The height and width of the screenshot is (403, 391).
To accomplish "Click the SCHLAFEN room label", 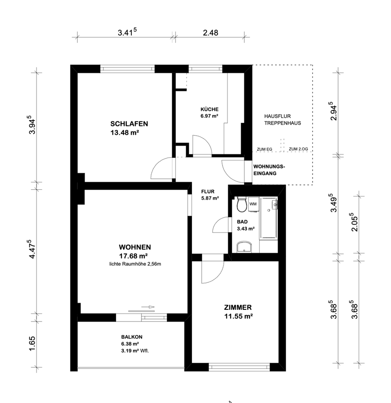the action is point(129,123).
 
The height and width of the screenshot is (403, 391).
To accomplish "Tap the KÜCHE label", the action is point(210,109).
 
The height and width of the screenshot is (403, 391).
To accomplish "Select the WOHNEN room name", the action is point(135,247).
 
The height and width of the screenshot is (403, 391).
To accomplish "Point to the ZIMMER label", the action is point(238,307).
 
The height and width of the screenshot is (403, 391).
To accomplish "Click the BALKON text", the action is point(131,337).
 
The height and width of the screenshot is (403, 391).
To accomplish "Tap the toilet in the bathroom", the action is point(241,204).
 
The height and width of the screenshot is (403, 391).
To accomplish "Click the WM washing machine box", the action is point(253,204).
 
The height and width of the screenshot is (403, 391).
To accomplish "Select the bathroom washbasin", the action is point(244,247).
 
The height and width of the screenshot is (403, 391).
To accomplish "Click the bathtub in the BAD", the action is point(269,218).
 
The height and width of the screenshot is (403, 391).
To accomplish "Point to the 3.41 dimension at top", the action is point(127,32).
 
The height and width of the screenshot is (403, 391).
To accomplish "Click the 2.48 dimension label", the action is point(210,33).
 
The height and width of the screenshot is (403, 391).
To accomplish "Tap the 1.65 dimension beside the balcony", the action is point(32,343).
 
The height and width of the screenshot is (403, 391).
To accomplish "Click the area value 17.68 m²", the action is point(133,256).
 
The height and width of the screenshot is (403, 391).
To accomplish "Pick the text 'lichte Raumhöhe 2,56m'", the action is point(135,264).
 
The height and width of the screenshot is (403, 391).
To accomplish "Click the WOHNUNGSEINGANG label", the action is point(269,170).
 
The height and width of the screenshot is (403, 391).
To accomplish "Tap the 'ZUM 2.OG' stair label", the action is point(298,149).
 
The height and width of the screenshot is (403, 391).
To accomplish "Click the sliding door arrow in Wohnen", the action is point(148,307).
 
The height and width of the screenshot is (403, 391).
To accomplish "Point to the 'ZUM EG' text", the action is point(264,149).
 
